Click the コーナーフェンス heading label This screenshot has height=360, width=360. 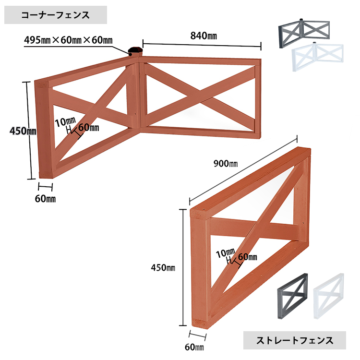(x=55, y=15)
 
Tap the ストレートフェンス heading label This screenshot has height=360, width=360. (x=295, y=341)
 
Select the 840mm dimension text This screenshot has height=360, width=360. (x=204, y=36)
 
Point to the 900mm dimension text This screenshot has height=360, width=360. (x=226, y=163)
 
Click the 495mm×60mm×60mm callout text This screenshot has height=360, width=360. (x=68, y=40)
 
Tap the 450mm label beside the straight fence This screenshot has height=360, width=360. (x=162, y=267)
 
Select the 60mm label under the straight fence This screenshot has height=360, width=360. (x=194, y=346)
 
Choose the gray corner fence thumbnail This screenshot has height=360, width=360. (x=305, y=33)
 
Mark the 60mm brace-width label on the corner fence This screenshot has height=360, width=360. (x=88, y=128)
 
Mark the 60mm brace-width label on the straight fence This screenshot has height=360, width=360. (x=247, y=257)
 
